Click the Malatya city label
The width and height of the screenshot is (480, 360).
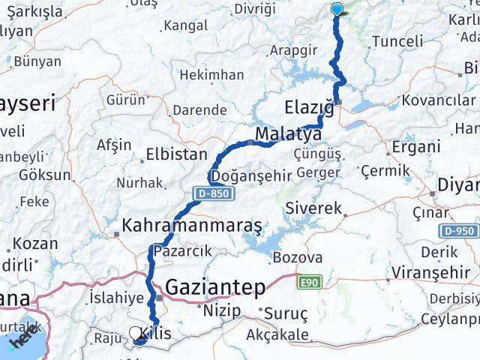click(x=288, y=134)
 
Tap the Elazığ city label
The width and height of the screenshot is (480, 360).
click(x=309, y=106)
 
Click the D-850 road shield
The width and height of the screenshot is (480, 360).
click(x=214, y=194)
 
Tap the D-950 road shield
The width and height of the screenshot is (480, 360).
click(x=458, y=231)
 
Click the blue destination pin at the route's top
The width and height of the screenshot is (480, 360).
click(x=337, y=9)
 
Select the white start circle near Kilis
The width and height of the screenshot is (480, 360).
click(x=136, y=333)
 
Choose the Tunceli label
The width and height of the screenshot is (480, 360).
click(x=397, y=41)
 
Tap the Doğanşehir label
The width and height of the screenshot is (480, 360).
click(x=247, y=176)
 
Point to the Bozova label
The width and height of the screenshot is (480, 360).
click(x=298, y=258)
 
